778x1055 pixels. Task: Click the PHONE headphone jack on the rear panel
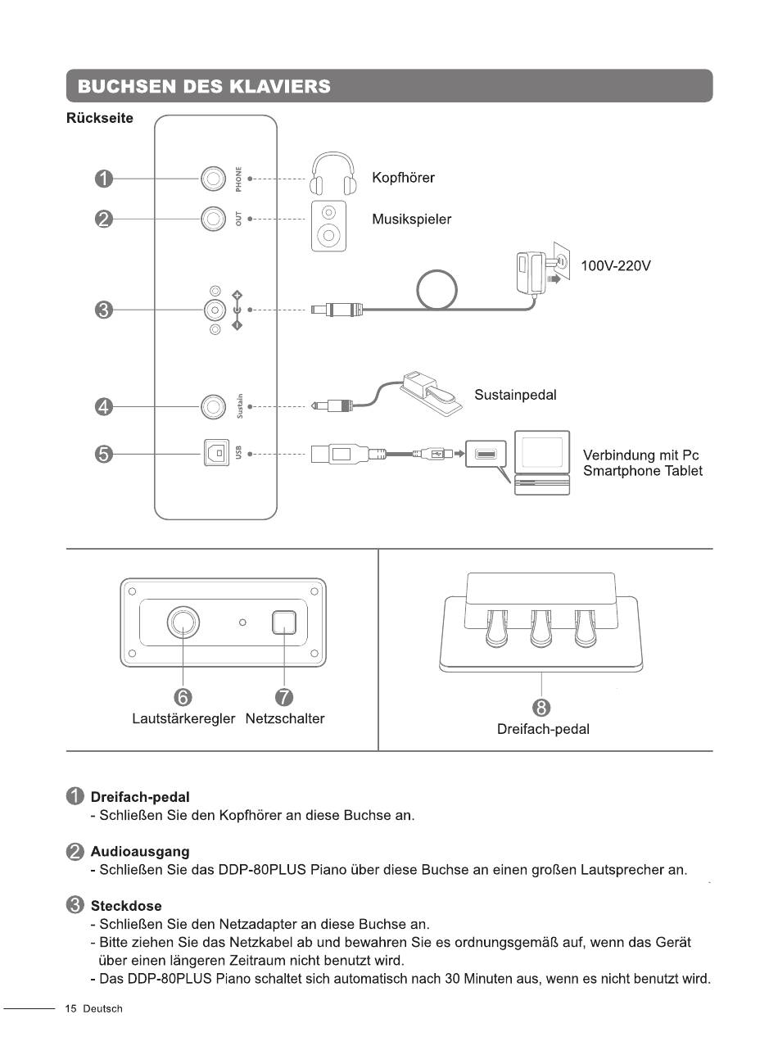click(x=213, y=179)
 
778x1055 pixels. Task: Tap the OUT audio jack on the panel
click(x=213, y=219)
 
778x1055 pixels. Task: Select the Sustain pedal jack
click(x=213, y=406)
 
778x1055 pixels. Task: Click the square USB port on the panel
click(x=216, y=453)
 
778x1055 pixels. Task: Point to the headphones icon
click(x=333, y=173)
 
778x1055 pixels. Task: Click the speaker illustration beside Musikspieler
click(x=328, y=226)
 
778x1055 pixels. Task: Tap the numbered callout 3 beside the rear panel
click(x=104, y=310)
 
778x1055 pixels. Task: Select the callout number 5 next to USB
click(x=104, y=454)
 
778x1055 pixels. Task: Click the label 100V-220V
click(x=616, y=265)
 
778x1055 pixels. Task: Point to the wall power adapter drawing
click(x=543, y=269)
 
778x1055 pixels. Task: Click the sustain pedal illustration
click(x=431, y=393)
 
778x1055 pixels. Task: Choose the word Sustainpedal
click(x=515, y=395)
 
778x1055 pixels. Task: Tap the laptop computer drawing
click(x=542, y=463)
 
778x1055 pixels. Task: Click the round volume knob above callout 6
click(x=183, y=623)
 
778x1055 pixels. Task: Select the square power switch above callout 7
click(x=284, y=623)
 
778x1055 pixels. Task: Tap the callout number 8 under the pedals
click(x=541, y=708)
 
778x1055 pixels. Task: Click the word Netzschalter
click(x=285, y=718)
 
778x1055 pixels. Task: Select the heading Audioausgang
click(x=140, y=851)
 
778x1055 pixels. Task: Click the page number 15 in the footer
click(x=70, y=1008)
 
